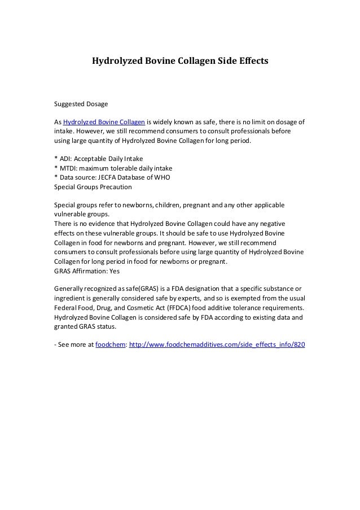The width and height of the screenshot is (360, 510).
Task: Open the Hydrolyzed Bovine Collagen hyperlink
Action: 104,122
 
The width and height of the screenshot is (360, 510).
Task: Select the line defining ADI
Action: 98,159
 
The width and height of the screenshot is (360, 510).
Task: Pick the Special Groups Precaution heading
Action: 93,186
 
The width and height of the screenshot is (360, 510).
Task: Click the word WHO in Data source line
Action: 161,177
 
